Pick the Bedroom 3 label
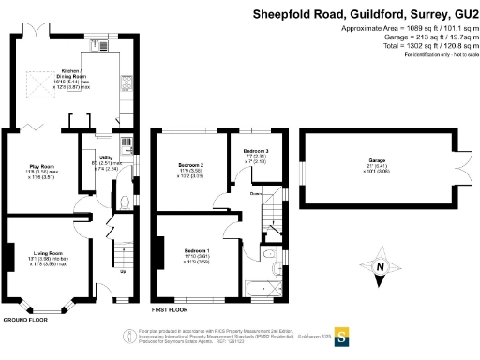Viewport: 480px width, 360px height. [x=256, y=151]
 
